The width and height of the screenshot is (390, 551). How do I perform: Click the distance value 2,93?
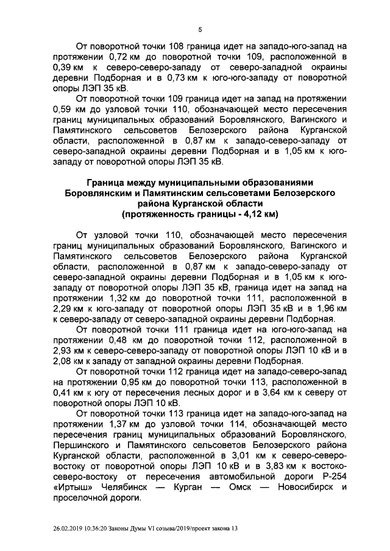click(65, 352)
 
